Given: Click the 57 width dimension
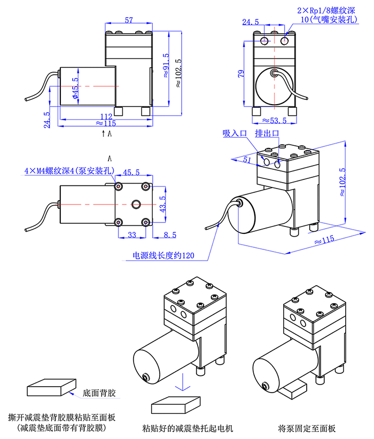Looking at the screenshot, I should coord(129,20).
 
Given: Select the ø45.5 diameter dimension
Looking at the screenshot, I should coord(75,89).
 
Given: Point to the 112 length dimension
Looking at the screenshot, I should coord(106,116).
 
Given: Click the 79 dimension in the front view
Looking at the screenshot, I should coord(241,73).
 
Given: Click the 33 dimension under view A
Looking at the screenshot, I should coord(130,234).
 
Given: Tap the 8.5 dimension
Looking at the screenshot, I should coord(170,234).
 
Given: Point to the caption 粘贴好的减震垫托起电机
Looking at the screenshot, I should coord(188,428).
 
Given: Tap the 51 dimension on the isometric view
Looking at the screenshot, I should coord(247,159).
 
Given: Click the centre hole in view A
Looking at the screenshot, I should coord(136,203).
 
